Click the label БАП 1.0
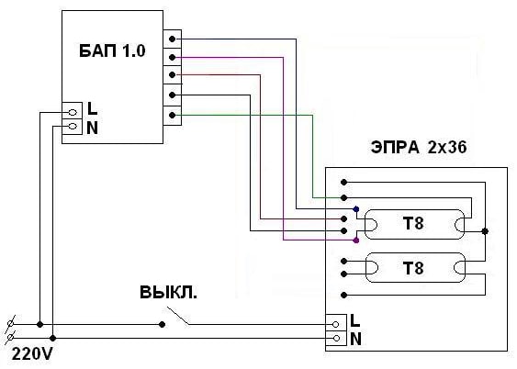coord(112,51)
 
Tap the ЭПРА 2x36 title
coord(419,147)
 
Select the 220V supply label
coord(32,354)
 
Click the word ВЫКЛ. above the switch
coord(168,292)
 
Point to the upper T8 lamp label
coord(413,224)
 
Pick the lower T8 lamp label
coord(413,268)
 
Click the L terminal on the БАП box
coord(73,112)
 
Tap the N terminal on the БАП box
coord(73,126)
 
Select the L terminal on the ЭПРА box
coord(336,324)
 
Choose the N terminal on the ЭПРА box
coord(336,338)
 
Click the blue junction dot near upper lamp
coord(355,209)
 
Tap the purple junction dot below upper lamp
coord(355,240)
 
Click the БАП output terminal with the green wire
coord(172,116)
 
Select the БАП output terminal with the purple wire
coord(172,57)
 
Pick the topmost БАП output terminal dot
coord(172,39)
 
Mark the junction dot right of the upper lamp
coord(485,231)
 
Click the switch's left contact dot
coord(162,325)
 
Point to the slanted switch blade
coord(178,316)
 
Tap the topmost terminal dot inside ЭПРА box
coord(343,182)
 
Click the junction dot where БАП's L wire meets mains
coord(39,325)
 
